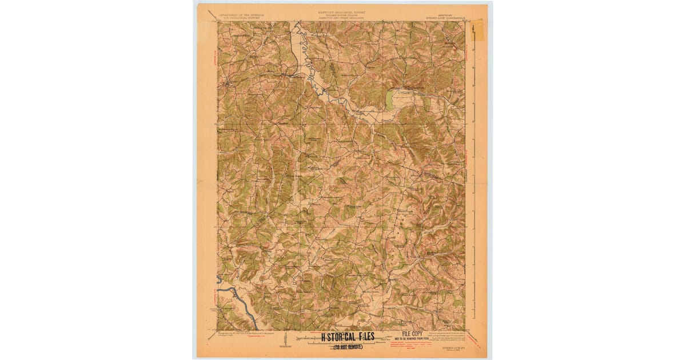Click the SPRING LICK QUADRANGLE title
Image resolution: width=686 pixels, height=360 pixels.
(449, 15)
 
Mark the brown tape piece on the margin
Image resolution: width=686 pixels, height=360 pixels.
(477, 31)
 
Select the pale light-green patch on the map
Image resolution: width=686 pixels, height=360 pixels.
(390, 101)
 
